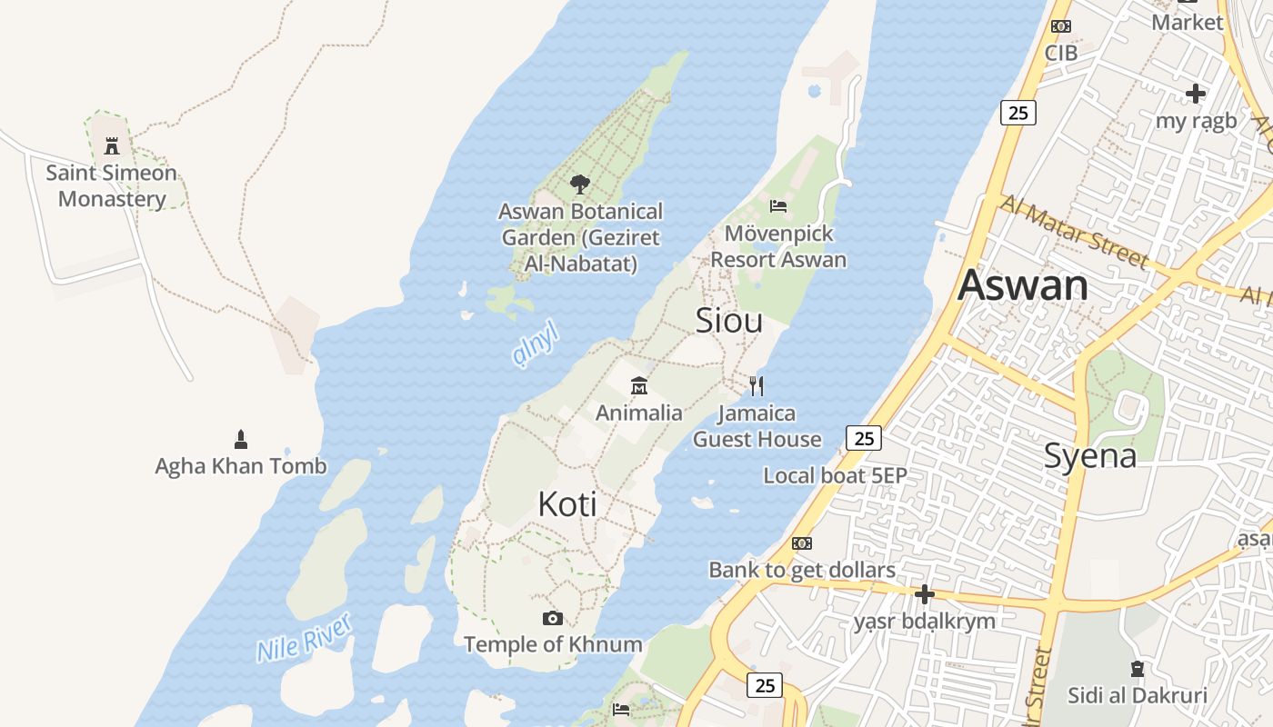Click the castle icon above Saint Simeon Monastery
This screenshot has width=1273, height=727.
point(112,145)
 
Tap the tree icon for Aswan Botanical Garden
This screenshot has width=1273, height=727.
point(579,184)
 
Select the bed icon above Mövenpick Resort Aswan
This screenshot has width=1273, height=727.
point(778,206)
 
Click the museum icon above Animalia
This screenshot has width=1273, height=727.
point(639,386)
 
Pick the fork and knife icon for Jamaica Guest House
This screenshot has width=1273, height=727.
point(757,386)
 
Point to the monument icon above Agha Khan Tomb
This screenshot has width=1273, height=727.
point(241,440)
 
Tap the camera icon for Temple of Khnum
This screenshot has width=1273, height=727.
point(552,619)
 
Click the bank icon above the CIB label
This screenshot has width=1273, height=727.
point(1061,26)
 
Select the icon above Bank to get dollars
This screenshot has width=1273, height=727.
point(802,543)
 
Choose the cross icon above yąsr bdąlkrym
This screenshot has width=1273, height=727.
point(925,595)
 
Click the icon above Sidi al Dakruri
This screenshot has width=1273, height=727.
point(1137,669)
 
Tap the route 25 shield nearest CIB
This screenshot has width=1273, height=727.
point(1018,113)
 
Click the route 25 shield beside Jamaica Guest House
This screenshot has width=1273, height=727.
point(864,439)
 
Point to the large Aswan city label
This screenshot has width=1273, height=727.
point(1023,285)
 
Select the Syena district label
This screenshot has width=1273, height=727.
point(1090,455)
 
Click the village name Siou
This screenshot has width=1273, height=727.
point(729,320)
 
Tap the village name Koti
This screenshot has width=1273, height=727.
point(567,503)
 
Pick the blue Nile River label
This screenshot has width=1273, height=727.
point(304,638)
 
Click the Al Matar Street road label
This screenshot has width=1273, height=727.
point(1073,233)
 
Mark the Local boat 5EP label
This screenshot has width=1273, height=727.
point(835,475)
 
